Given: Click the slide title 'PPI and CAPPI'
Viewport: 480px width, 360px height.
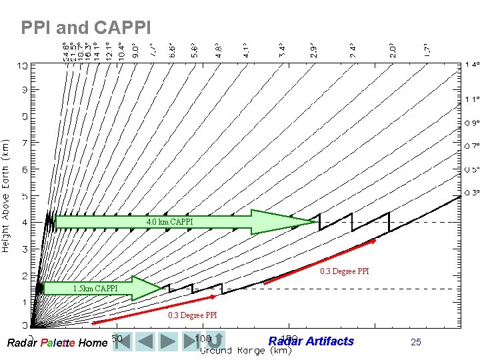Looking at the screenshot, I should [86, 28].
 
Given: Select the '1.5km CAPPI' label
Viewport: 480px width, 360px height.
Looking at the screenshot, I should [95, 288].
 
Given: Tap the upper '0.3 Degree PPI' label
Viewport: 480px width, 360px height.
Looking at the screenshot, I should [344, 271].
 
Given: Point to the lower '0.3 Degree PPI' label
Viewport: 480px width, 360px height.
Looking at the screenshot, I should [192, 315].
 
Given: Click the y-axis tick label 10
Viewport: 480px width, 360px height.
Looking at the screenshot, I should [23, 66].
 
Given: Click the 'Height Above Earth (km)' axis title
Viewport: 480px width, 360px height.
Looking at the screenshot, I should [6, 194].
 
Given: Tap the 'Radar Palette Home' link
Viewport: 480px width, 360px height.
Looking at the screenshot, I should [56, 343].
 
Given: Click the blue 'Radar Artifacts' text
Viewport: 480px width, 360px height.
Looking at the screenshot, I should [311, 341].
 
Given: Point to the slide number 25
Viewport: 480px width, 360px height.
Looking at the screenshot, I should [416, 342].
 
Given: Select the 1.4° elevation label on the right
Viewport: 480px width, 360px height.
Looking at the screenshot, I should [471, 65].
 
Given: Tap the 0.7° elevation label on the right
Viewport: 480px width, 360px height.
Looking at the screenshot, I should [471, 145].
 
